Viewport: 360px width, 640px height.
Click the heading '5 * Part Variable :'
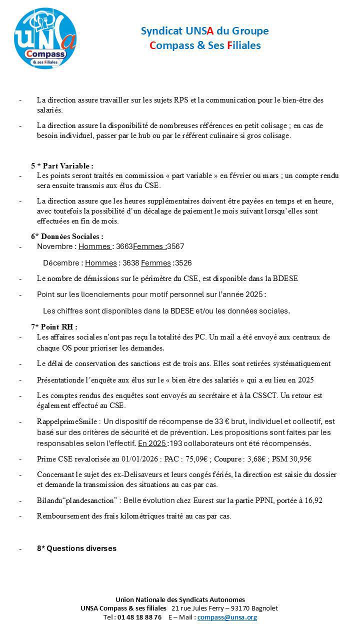pos(62,166)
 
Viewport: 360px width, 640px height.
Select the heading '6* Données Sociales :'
pos(67,236)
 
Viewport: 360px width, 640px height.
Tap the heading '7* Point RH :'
pos(54,327)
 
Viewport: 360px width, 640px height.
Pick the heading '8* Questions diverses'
pos(76,548)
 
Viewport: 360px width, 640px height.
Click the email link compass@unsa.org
pos(227,617)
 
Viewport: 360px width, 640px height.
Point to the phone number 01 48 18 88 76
pos(139,617)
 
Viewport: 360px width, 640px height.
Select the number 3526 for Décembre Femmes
pos(183,263)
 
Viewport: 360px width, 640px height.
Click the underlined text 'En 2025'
pos(152,443)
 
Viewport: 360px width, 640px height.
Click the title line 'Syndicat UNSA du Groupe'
pos(204,31)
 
